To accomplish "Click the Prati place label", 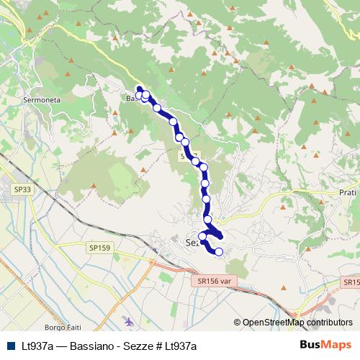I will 347,193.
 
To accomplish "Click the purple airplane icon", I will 127,320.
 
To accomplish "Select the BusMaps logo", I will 325,345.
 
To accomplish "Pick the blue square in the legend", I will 10,346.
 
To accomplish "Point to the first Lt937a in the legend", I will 39,346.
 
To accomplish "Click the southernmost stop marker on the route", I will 218,251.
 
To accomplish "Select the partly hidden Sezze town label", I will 191,243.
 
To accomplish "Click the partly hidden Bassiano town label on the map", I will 132,99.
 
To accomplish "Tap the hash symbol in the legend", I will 158,346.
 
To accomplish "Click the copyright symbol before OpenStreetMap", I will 237,323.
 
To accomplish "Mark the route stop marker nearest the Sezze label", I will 203,237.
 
